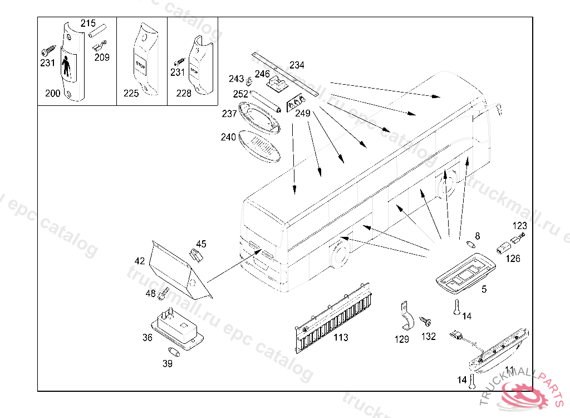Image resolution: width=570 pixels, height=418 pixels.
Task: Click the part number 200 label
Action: click(52, 94)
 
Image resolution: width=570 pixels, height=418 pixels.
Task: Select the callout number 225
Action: click(131, 94)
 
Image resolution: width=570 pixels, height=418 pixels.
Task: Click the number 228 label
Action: click(184, 94)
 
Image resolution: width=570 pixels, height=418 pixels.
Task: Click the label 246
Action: click(262, 74)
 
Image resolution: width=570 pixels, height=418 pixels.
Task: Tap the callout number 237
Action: click(229, 114)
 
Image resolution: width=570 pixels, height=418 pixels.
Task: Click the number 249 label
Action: click(303, 113)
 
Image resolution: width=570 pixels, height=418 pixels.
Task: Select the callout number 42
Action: click(139, 261)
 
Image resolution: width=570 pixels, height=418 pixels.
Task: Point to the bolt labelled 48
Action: click(164, 291)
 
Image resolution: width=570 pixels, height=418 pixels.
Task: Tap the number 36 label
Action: click(147, 337)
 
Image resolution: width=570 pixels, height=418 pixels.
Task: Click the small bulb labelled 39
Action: click(174, 352)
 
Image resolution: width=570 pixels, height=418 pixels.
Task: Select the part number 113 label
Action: click(341, 337)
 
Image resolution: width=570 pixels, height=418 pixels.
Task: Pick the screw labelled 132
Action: click(428, 322)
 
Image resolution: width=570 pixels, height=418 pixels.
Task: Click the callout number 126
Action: click(513, 258)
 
